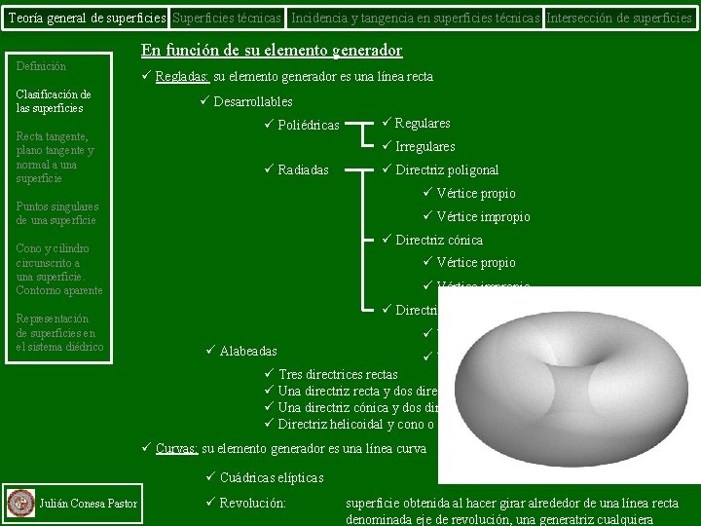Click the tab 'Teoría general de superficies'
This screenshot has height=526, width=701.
click(85, 18)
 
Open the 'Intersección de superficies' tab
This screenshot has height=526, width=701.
click(620, 18)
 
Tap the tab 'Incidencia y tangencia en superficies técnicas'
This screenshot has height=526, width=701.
click(416, 18)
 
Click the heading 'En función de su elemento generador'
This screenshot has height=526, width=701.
click(272, 51)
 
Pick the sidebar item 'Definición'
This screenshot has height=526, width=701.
click(42, 66)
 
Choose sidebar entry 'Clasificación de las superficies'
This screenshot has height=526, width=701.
click(54, 101)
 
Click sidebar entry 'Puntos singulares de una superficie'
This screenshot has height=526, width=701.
click(57, 213)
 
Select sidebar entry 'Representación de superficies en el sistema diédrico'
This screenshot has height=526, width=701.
click(59, 333)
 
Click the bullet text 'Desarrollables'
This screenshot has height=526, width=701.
click(253, 101)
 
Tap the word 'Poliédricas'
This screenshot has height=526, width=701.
click(309, 125)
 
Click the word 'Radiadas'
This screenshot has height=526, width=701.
click(303, 170)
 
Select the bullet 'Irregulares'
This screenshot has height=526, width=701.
click(424, 146)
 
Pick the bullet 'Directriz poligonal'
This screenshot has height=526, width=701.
click(447, 170)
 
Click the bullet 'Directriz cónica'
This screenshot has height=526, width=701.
click(438, 240)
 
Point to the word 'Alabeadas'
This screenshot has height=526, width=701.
click(248, 351)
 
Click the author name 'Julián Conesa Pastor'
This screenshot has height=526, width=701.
click(88, 503)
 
